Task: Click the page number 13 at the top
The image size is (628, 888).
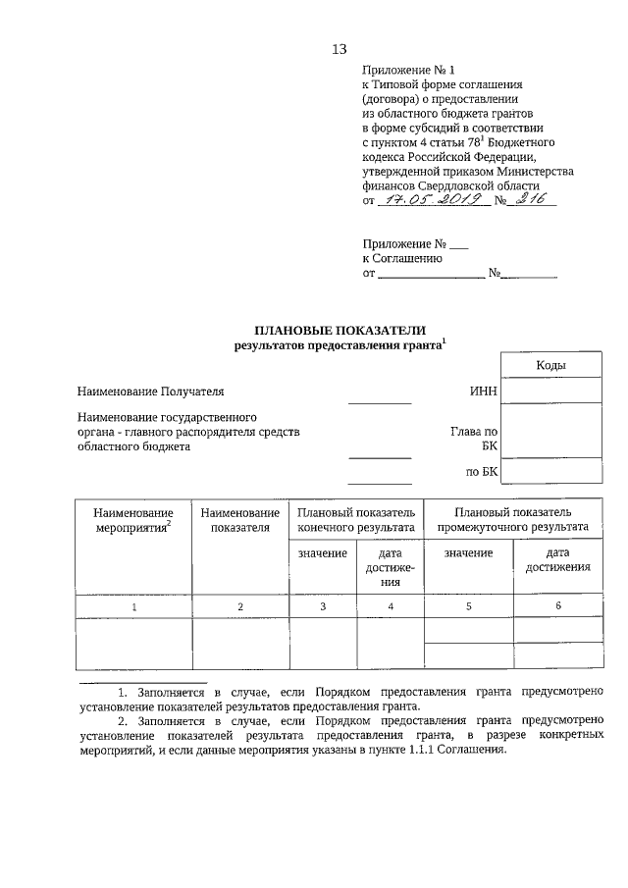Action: click(x=340, y=49)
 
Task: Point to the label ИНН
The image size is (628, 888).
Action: click(x=485, y=392)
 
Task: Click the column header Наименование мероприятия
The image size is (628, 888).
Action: click(x=134, y=519)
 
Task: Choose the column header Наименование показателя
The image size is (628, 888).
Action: click(x=239, y=519)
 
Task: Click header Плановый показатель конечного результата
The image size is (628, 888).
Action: click(x=356, y=519)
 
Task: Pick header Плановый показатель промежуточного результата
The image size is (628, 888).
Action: click(x=513, y=519)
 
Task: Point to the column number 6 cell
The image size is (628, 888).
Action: click(x=557, y=605)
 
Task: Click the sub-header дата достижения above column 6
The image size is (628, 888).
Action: click(x=557, y=559)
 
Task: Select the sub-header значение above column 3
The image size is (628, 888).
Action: click(x=323, y=553)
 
